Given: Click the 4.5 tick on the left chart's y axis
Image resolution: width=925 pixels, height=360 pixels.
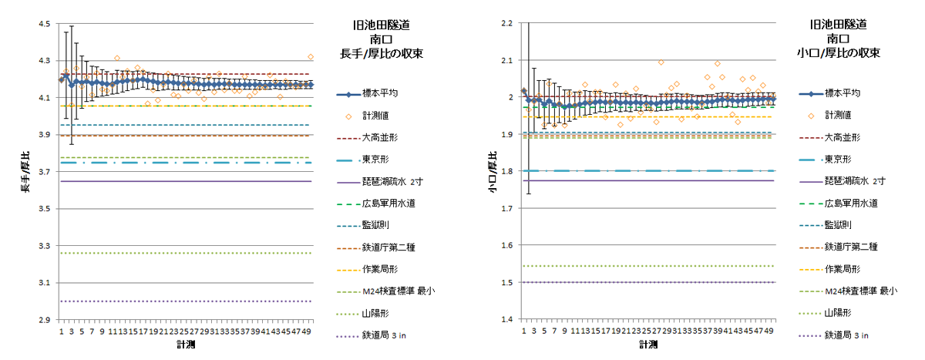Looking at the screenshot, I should (44, 24).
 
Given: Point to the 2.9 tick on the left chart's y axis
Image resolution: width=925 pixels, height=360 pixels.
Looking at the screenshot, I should (44, 319).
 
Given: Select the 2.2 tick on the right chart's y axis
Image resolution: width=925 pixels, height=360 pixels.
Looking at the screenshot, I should (506, 24).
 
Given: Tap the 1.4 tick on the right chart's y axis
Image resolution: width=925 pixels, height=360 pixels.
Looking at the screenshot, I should (506, 319).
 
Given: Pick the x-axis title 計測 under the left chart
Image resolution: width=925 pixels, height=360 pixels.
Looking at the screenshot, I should (185, 345).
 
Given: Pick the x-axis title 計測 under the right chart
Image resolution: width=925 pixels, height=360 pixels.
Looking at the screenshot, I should (647, 345).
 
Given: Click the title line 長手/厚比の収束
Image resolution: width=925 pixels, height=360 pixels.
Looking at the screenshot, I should (382, 54).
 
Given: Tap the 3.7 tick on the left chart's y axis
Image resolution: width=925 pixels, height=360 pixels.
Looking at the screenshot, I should (44, 172).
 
